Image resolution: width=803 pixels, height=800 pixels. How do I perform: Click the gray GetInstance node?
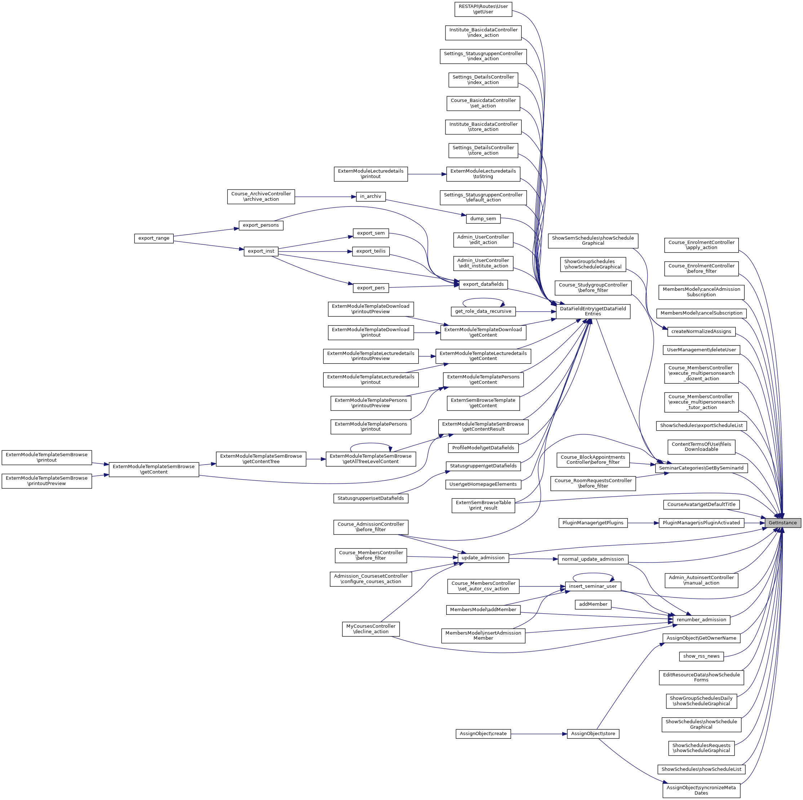click(x=782, y=523)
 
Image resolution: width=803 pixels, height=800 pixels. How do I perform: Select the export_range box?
click(x=154, y=238)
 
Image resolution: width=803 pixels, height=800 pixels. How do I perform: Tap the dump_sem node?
click(x=483, y=219)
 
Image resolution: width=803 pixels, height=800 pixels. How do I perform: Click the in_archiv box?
click(x=371, y=196)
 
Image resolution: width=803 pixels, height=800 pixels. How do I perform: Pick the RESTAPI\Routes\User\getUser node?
click(x=483, y=9)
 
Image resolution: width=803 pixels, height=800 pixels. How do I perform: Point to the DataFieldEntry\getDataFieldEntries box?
click(x=593, y=311)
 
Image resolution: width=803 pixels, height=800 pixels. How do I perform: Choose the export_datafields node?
click(x=483, y=284)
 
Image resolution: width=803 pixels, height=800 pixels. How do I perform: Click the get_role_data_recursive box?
click(x=483, y=311)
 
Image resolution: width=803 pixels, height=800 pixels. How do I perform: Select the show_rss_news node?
click(x=701, y=656)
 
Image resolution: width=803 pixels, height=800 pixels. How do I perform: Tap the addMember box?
click(x=593, y=604)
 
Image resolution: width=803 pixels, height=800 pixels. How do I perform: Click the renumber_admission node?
click(x=701, y=619)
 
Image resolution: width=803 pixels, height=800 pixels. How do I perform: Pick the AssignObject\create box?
click(x=483, y=733)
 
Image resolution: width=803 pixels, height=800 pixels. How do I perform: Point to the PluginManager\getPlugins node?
click(x=593, y=523)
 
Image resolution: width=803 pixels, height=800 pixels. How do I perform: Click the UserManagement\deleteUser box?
click(x=701, y=350)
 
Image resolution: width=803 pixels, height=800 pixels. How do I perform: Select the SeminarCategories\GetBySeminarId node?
click(x=701, y=468)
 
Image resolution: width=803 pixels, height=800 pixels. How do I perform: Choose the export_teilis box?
click(x=371, y=251)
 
